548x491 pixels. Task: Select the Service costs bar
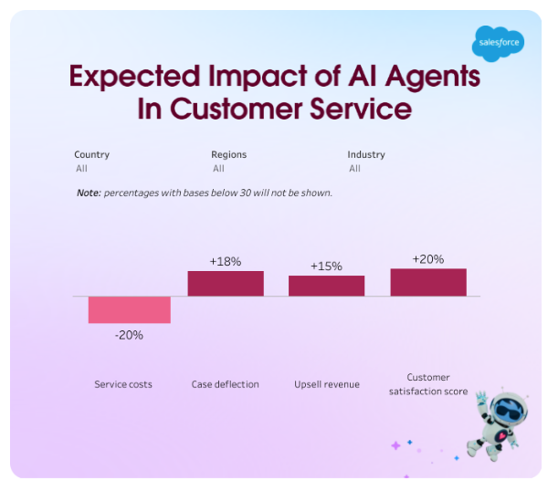129,309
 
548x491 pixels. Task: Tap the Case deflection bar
226,283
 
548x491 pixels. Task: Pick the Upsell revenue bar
326,286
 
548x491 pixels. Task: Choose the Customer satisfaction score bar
427,282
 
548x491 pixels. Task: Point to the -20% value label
129,335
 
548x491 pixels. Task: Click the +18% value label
226,261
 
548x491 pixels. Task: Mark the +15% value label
326,266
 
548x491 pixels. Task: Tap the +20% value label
427,259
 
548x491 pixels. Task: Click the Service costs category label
123,384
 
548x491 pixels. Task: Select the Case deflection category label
225,384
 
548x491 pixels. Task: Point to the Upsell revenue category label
326,384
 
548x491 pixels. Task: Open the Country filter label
91,154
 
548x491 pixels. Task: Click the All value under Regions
218,168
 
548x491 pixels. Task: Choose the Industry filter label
366,154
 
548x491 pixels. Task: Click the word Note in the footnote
88,193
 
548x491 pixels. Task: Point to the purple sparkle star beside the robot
395,445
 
